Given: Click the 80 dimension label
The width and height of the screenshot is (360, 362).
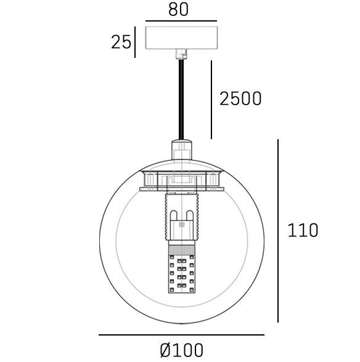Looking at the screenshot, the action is tap(178, 10).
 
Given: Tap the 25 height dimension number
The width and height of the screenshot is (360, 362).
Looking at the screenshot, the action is tap(121, 42).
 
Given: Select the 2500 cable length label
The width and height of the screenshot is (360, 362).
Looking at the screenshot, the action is tap(240, 99).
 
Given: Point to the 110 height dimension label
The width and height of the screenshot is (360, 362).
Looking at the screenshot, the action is tap(303, 230).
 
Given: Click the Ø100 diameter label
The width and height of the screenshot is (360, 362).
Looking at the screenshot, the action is tap(181, 350).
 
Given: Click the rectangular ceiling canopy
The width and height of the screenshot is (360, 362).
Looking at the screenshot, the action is tap(181, 38).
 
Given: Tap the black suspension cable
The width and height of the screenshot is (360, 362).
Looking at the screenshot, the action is tap(181, 100).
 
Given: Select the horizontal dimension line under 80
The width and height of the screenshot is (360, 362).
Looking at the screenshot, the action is tap(181, 21).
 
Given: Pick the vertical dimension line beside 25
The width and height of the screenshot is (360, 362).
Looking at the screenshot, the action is tap(135, 42).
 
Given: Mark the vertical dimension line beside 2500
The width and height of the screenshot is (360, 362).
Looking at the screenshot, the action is tap(211, 100).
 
